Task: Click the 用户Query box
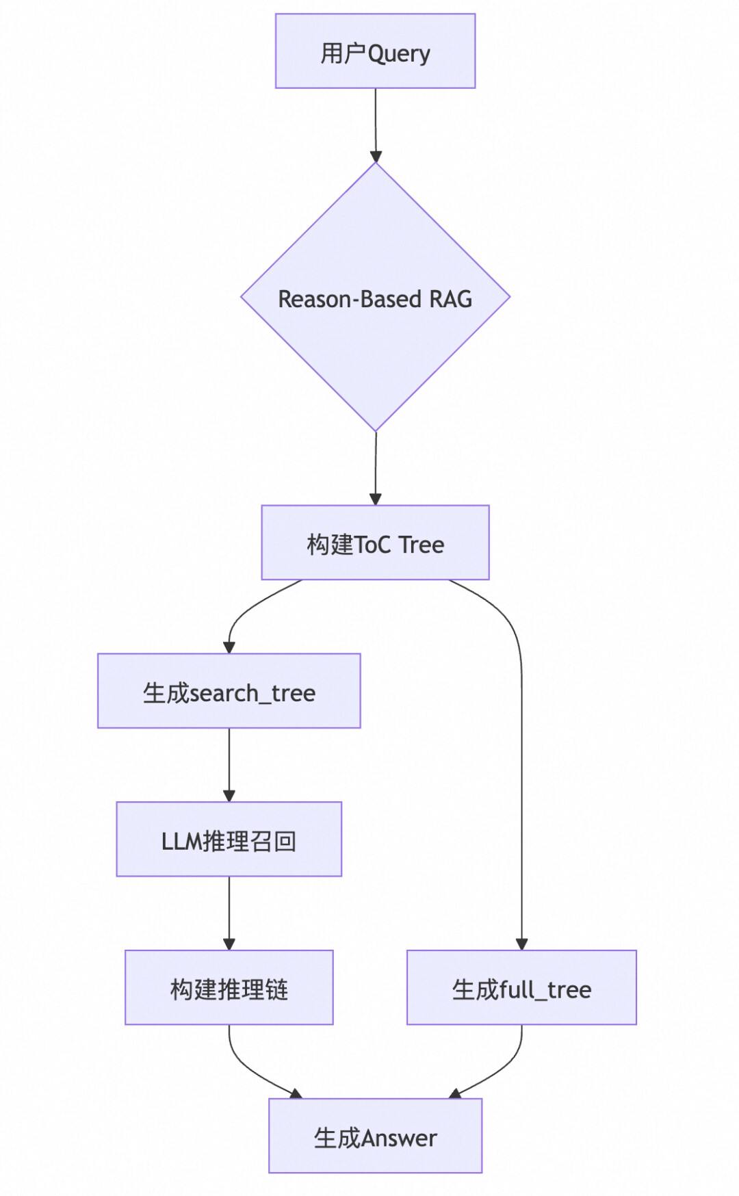(375, 51)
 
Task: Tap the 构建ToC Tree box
(375, 543)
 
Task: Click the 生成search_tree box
(229, 691)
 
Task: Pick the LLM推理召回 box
(229, 839)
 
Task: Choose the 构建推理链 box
(229, 987)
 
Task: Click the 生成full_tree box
(521, 987)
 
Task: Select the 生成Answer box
(375, 1136)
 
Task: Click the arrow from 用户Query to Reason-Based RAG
(375, 123)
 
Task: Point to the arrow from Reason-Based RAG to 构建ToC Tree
(375, 468)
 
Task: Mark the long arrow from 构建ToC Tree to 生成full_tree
(521, 787)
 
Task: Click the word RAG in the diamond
(450, 299)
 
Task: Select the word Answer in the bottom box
(399, 1138)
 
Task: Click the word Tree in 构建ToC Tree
(422, 545)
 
